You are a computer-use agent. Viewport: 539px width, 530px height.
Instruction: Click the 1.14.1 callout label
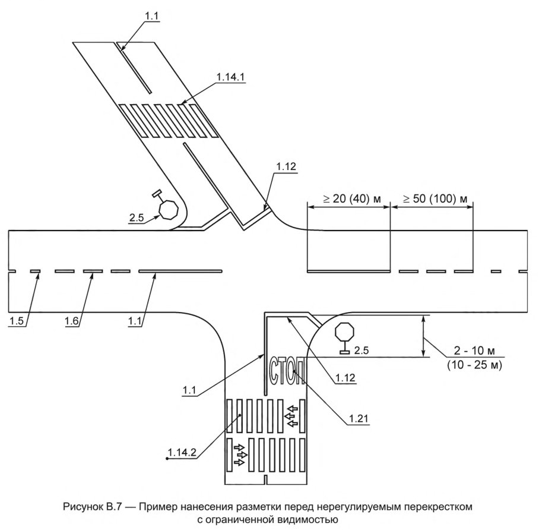(x=230, y=77)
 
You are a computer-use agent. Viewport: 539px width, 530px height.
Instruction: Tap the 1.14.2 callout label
(x=182, y=452)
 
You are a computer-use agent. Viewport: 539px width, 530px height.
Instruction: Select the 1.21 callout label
(x=359, y=418)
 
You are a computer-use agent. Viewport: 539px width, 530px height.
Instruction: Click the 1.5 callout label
(x=16, y=321)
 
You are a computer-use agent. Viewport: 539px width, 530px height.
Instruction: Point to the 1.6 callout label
(x=71, y=321)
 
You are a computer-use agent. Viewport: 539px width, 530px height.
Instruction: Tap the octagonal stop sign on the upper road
(x=169, y=209)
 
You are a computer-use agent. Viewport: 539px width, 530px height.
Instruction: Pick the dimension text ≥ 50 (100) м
(x=435, y=199)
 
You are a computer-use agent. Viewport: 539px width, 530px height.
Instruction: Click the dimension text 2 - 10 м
(x=474, y=351)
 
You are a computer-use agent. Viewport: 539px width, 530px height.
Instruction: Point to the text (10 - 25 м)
(x=475, y=365)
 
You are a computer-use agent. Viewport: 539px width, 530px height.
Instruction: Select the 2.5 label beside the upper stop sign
(x=136, y=217)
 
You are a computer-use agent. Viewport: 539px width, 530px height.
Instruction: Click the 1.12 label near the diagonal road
(x=286, y=166)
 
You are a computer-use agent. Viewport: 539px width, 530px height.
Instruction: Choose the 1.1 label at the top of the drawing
(x=151, y=15)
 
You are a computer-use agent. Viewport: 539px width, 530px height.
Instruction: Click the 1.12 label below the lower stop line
(x=345, y=377)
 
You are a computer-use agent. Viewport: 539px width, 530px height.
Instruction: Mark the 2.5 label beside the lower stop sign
(x=362, y=351)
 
